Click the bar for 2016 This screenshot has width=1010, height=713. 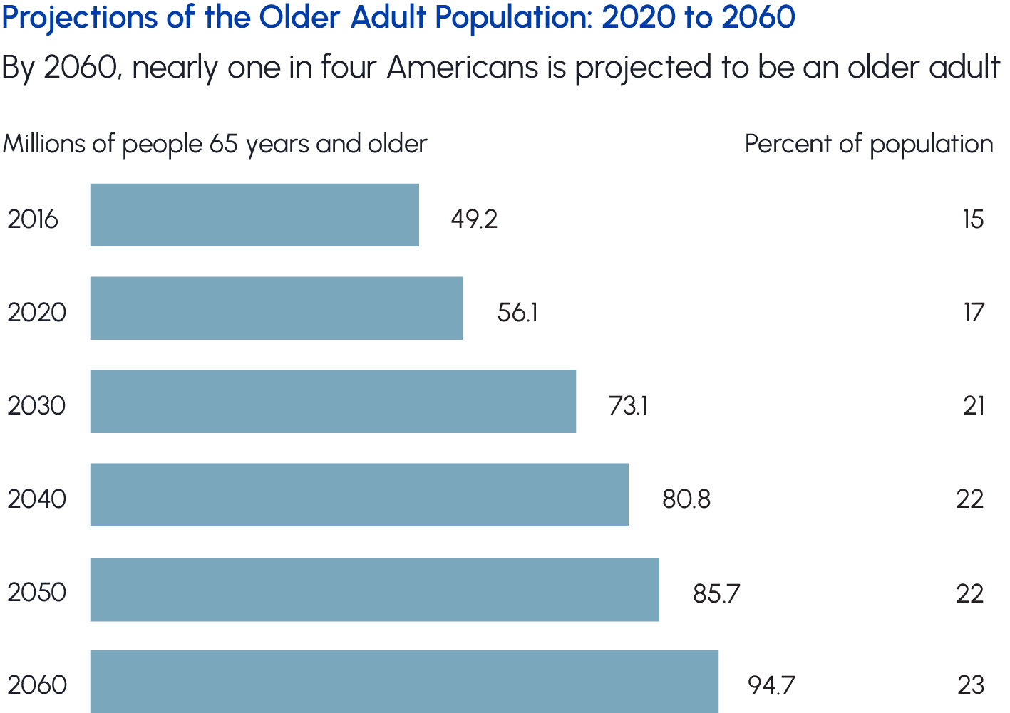click(x=254, y=215)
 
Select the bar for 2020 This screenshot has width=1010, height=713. click(x=277, y=308)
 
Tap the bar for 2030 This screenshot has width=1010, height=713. click(x=333, y=402)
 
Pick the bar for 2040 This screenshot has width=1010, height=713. click(x=359, y=495)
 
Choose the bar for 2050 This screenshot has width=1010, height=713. click(x=374, y=590)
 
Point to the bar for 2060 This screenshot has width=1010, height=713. click(x=404, y=681)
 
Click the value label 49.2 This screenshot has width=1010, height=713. click(x=474, y=219)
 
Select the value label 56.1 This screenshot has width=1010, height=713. click(x=517, y=313)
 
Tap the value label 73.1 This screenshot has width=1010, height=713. click(x=628, y=406)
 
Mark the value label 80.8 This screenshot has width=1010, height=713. click(x=686, y=499)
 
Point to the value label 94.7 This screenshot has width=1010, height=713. click(x=771, y=685)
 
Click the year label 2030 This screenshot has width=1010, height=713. click(x=36, y=406)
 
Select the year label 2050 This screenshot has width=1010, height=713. click(x=36, y=593)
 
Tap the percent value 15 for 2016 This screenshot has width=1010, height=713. click(x=973, y=219)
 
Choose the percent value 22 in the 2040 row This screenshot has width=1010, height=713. click(x=970, y=499)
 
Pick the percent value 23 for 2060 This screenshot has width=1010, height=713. click(x=971, y=685)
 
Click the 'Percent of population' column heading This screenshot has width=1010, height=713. click(x=869, y=145)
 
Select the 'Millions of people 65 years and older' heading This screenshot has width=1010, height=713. click(x=215, y=145)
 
